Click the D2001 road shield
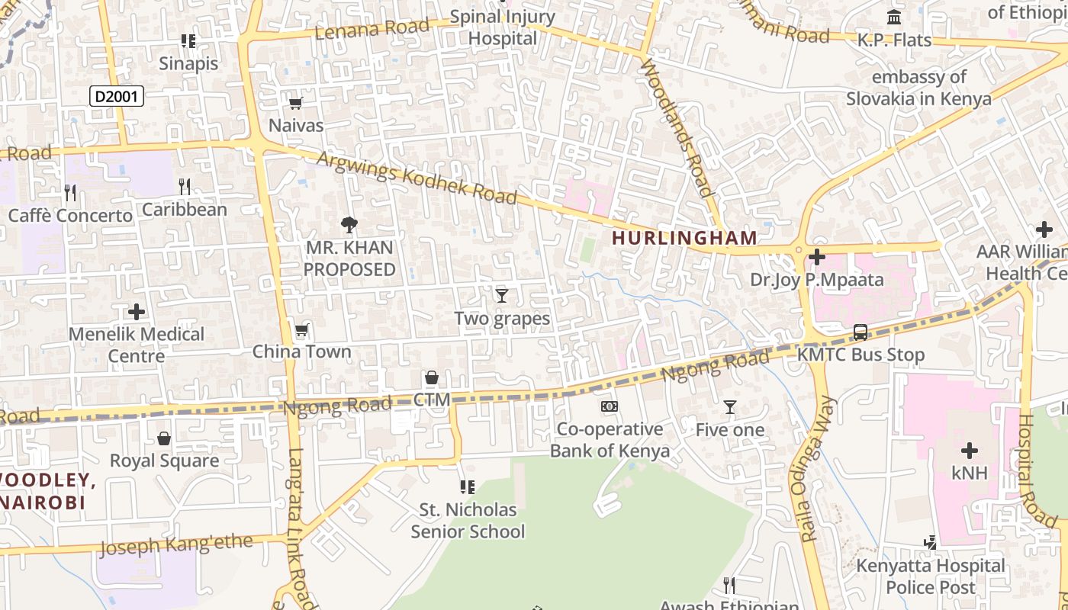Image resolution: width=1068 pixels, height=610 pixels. click(x=117, y=96)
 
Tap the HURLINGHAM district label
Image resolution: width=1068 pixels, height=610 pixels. click(x=684, y=238)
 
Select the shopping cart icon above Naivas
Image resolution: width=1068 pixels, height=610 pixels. click(x=295, y=103)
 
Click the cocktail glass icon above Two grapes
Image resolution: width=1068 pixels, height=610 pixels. click(x=501, y=296)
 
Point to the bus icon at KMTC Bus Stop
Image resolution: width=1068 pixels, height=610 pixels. click(x=861, y=332)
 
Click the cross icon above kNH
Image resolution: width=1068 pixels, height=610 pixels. click(x=969, y=451)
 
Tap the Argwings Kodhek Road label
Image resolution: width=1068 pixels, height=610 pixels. click(x=417, y=178)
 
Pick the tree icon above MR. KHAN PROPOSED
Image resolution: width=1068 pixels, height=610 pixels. click(x=349, y=225)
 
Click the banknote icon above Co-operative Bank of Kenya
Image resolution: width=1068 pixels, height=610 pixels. click(x=609, y=406)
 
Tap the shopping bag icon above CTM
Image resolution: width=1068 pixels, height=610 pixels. click(x=432, y=377)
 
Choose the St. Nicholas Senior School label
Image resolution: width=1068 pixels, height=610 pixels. click(x=468, y=520)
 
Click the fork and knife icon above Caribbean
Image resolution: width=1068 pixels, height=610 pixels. click(x=184, y=187)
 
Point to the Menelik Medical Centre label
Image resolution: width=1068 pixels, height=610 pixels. click(x=137, y=345)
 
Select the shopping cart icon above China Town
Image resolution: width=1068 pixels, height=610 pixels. click(x=301, y=330)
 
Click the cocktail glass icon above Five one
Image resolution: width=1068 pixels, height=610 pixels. click(x=729, y=407)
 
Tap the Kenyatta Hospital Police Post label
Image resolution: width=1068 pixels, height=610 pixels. click(x=931, y=576)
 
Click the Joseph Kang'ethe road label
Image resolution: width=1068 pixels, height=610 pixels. click(x=175, y=544)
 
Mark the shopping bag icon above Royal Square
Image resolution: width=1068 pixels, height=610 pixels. click(x=163, y=438)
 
